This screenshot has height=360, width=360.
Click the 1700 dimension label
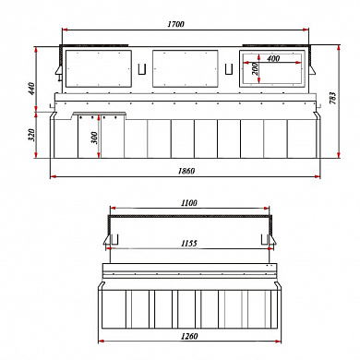[175, 24]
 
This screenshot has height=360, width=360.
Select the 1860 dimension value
[186, 171]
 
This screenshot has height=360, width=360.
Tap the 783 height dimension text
[333, 98]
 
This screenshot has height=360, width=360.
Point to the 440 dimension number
[32, 89]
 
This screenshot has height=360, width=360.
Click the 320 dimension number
[32, 135]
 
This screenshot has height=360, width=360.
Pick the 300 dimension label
[94, 138]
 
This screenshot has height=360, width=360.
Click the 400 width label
[273, 58]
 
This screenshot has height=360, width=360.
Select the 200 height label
[255, 69]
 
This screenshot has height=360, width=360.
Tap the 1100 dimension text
[189, 203]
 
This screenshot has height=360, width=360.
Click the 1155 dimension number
[189, 244]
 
